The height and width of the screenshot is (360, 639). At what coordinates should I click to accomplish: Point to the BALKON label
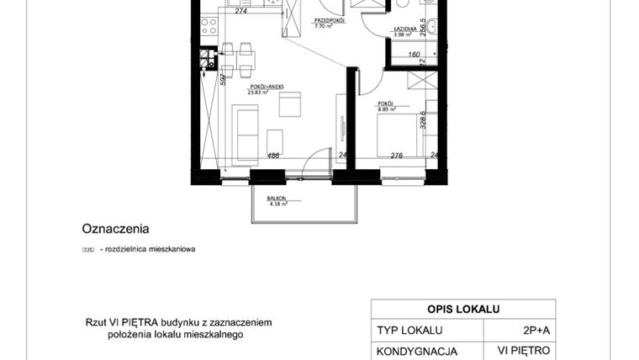tap(278, 199)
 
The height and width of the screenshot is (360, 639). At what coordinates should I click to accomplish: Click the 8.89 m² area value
tap(387, 109)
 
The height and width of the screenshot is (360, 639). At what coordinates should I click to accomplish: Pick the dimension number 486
tap(274, 155)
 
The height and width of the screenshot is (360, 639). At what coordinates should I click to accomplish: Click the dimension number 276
tap(399, 155)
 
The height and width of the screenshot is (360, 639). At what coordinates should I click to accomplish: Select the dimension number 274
tap(241, 11)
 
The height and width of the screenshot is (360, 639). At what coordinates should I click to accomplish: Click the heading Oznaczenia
tap(115, 228)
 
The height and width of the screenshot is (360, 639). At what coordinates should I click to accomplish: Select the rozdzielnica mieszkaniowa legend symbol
tap(87, 250)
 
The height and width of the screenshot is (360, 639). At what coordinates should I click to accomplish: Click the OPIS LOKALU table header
tap(462, 309)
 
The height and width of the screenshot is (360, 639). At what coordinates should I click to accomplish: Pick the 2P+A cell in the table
tap(524, 331)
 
